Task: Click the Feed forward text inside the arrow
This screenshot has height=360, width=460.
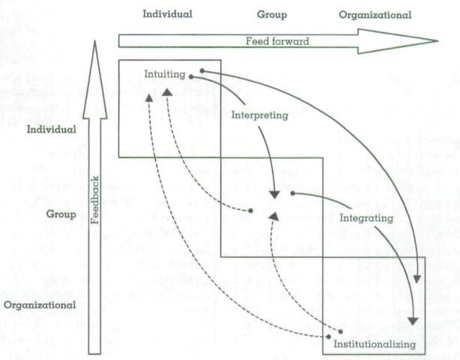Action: click(276, 41)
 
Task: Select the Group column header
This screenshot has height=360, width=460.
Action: click(272, 14)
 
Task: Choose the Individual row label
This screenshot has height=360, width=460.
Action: click(52, 130)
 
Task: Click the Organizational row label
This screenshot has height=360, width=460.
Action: click(39, 305)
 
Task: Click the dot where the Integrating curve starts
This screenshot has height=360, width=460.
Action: click(292, 193)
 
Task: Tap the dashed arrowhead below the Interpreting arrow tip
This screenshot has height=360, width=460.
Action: click(274, 216)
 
